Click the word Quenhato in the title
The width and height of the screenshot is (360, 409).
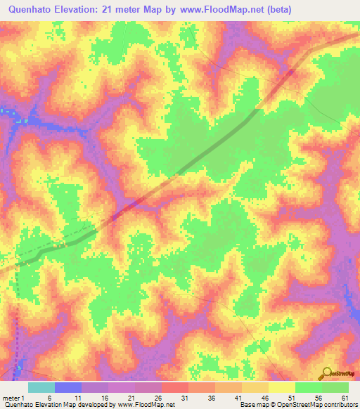pyautogui.click(x=30, y=9)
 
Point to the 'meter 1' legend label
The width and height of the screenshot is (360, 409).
pyautogui.click(x=12, y=398)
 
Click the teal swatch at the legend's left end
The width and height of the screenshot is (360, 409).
pyautogui.click(x=41, y=387)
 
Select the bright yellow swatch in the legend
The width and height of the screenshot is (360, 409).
pyautogui.click(x=282, y=387)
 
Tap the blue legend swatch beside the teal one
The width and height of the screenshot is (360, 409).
pyautogui.click(x=68, y=387)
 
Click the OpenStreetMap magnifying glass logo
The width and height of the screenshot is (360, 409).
pyautogui.click(x=327, y=373)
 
